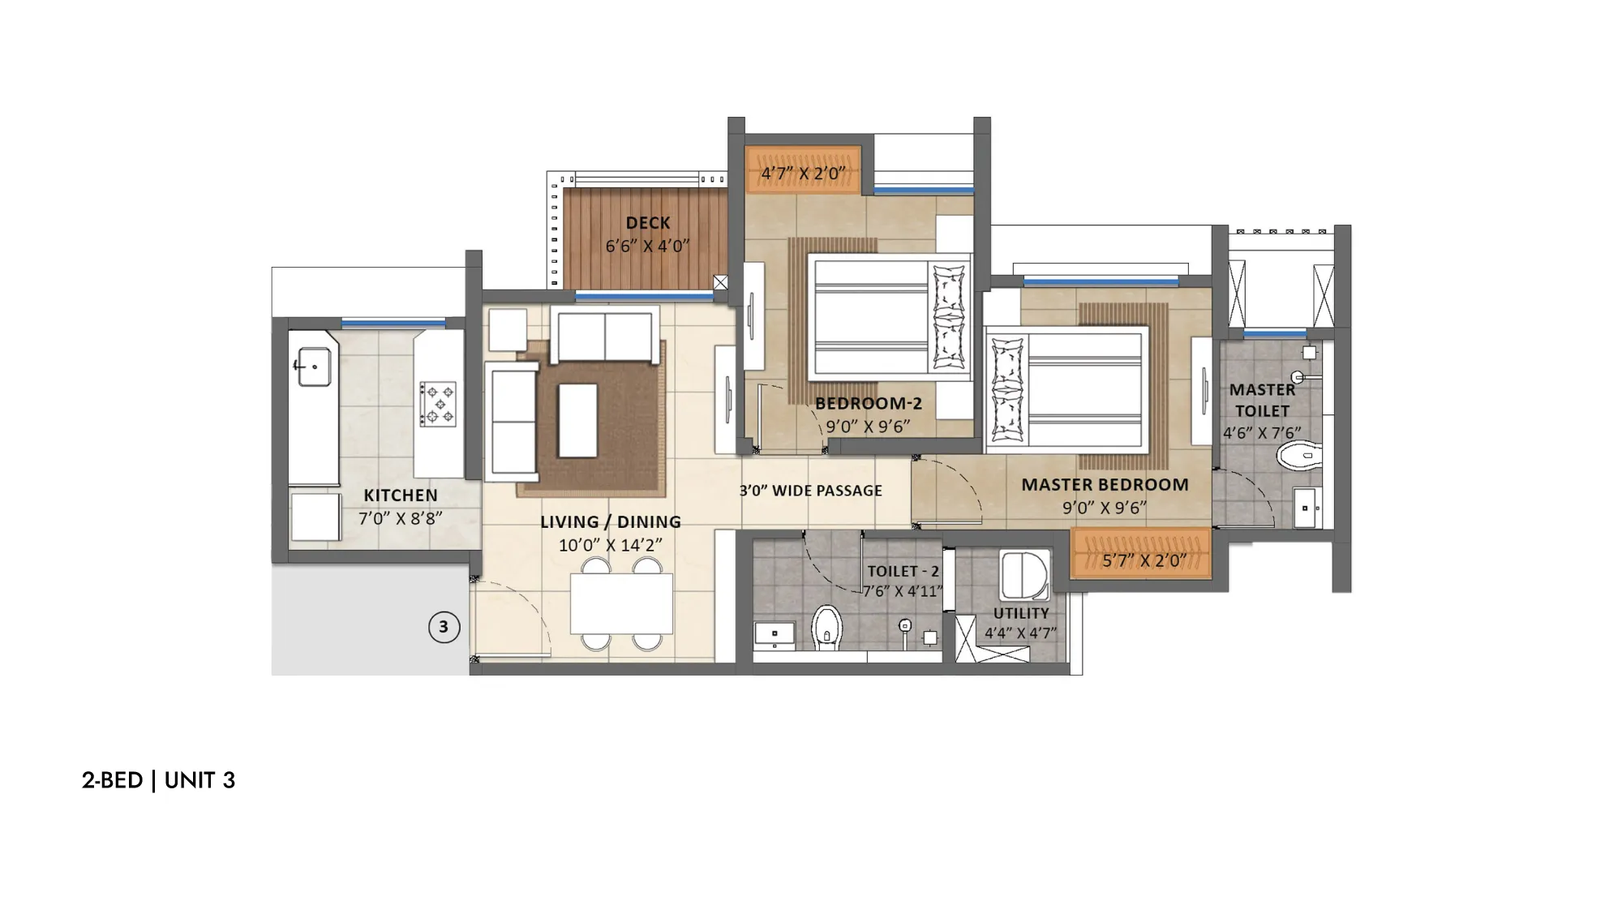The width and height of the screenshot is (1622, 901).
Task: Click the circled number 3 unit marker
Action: pos(444,627)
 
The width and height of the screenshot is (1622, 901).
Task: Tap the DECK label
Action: pos(648,223)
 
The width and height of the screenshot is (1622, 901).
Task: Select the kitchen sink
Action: pos(313,367)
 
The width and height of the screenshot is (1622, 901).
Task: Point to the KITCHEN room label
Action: pos(401,496)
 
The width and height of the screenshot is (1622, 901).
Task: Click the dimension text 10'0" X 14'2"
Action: pos(611,545)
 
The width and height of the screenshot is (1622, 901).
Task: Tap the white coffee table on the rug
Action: pos(577,421)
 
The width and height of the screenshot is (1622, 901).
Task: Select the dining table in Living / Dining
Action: pos(621,604)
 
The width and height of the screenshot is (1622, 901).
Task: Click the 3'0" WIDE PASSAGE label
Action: pos(810,491)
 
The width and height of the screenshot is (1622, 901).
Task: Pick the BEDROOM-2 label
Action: pos(869,403)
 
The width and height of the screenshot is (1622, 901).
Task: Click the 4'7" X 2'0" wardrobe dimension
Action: pos(803,174)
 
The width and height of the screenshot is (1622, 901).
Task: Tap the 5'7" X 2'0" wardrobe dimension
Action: pos(1144,560)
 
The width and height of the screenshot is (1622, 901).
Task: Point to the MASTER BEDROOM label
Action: pos(1105,485)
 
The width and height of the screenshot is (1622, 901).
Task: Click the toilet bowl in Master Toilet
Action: pos(1298,456)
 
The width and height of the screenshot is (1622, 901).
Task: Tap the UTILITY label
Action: pos(1021,614)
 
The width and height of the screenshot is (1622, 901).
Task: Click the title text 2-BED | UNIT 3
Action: pos(158,780)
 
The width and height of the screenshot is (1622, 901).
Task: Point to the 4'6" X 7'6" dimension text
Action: pos(1262,433)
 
